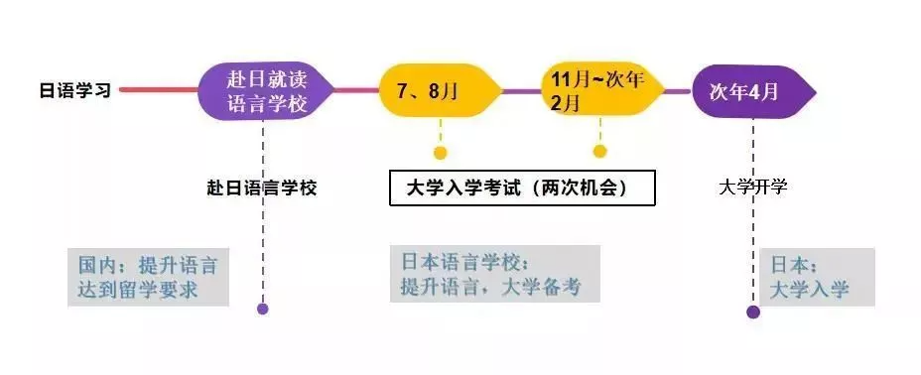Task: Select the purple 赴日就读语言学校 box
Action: [x=263, y=90]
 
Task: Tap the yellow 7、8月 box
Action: [x=437, y=91]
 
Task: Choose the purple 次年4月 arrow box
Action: [x=750, y=91]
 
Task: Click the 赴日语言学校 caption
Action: [x=262, y=187]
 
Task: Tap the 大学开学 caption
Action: [x=753, y=187]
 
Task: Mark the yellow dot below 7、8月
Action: [x=441, y=153]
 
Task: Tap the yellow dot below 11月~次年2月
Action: [x=599, y=152]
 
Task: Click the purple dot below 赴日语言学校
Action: [x=263, y=309]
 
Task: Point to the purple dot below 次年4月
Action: [x=753, y=312]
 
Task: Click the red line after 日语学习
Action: [x=159, y=90]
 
